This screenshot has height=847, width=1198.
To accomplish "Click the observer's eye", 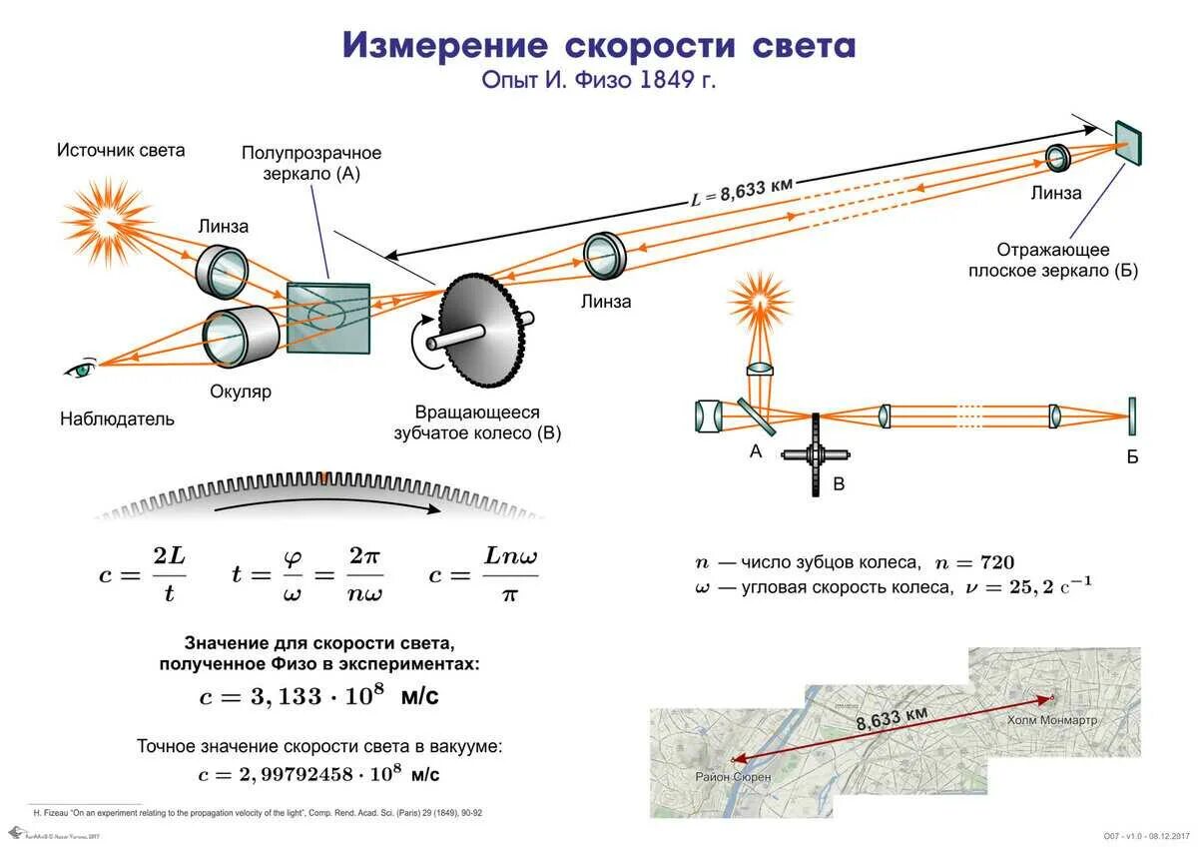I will point(81,370).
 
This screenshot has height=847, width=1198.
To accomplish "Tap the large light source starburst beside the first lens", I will point(107,221).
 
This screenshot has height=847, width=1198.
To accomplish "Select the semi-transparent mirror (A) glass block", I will point(327,317).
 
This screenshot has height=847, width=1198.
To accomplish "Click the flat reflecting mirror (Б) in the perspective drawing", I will point(1128,142).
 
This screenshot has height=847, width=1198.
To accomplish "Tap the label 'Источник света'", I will point(121,151).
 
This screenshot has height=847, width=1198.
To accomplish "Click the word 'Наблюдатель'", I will point(117,419).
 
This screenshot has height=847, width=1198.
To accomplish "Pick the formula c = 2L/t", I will point(143,574).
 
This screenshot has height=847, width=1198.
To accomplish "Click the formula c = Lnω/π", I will point(483,574).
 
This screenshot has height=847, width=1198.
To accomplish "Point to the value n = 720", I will point(982,563).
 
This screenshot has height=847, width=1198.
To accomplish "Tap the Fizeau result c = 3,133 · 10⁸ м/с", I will point(318,696).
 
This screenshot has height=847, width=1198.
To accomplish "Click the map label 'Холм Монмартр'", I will point(1051,719).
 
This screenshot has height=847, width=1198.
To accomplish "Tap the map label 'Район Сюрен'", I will point(733,775).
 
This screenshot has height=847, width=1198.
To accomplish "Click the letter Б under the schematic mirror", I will point(1132,458).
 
